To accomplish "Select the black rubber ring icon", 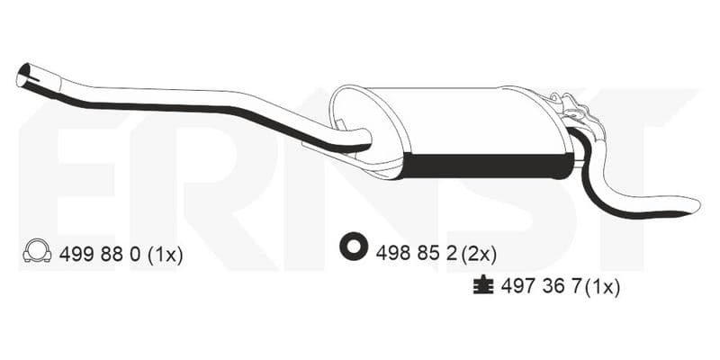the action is (354, 246).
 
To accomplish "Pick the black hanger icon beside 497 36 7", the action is (483, 284).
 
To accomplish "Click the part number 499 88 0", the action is (100, 254).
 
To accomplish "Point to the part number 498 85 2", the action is (416, 253).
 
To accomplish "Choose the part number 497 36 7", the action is (542, 287).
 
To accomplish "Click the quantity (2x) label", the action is (479, 254).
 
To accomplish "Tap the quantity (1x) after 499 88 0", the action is (166, 255).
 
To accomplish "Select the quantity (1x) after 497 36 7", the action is (603, 287).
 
